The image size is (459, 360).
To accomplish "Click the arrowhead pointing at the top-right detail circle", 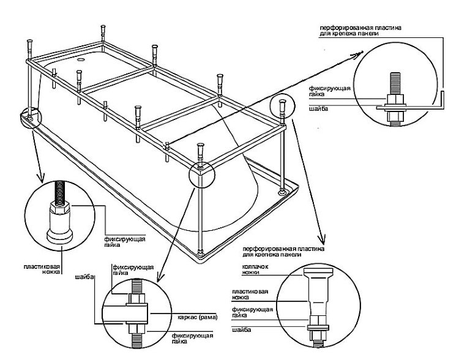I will click(x=357, y=54).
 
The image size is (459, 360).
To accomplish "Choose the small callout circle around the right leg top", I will click(x=281, y=107).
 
